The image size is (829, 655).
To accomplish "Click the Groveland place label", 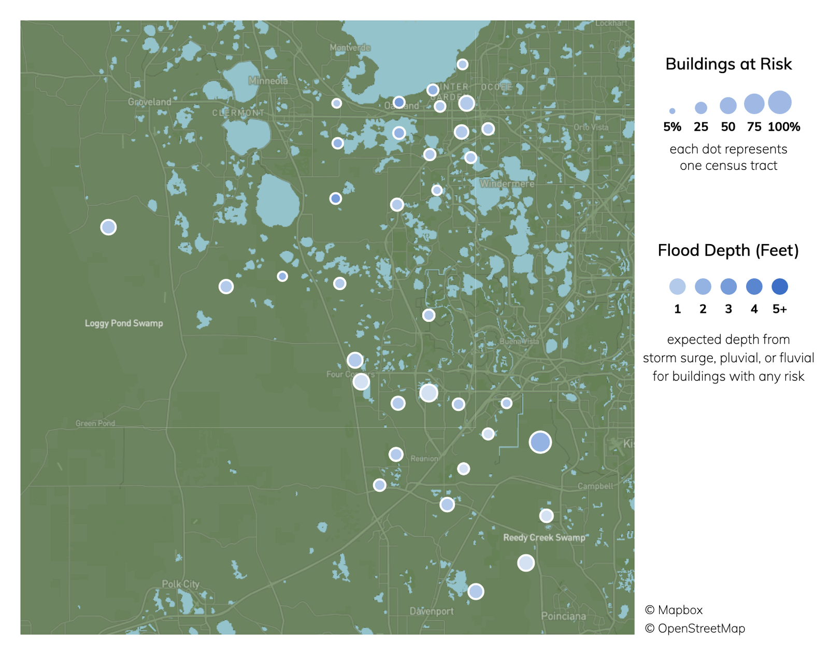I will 149,102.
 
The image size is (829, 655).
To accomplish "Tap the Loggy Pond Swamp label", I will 124,323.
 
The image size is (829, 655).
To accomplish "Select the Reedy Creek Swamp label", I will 544,537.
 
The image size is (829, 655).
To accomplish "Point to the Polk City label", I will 180,584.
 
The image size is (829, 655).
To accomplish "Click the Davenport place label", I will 431,611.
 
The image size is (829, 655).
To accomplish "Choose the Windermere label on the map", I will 507,183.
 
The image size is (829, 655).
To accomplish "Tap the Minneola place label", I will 268,81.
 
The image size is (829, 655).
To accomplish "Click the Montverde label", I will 350,48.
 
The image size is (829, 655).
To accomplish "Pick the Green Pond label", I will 95,423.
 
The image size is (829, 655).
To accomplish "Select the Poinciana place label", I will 563,616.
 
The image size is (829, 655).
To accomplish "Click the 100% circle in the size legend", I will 780,103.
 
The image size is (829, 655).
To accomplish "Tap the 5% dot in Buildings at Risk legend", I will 672,111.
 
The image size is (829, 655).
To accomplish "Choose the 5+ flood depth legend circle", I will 780,287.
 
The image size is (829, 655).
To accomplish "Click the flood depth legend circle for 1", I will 677,287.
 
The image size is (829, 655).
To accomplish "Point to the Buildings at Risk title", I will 728,64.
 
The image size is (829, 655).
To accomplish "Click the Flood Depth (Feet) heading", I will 728,251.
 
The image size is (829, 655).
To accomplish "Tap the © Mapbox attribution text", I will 674,610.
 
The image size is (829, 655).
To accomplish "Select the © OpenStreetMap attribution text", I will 695,629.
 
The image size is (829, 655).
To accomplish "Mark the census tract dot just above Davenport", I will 476,591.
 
